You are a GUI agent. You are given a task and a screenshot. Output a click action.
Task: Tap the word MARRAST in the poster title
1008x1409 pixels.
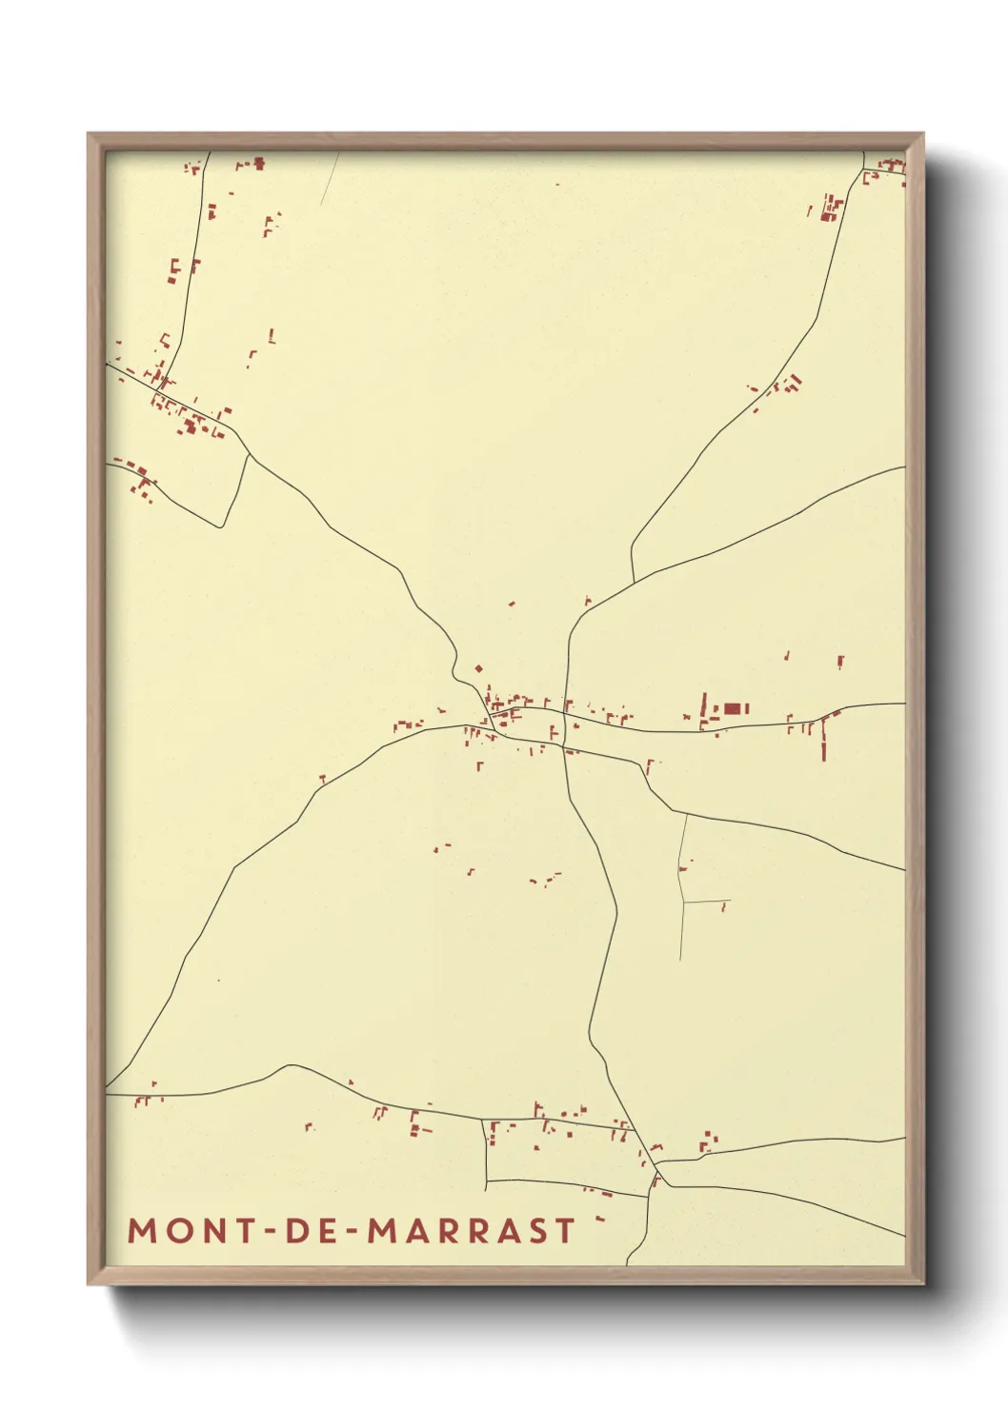(472, 1231)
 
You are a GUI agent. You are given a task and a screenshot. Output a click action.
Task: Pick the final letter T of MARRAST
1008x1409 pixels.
(566, 1231)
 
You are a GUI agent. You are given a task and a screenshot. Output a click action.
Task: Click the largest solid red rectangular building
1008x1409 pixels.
(732, 708)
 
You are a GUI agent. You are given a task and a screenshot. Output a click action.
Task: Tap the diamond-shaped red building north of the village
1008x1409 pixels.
(478, 669)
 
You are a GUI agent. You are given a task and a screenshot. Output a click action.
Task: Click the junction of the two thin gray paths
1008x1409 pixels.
(684, 901)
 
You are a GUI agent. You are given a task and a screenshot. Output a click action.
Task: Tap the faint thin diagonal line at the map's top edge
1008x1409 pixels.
(330, 179)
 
